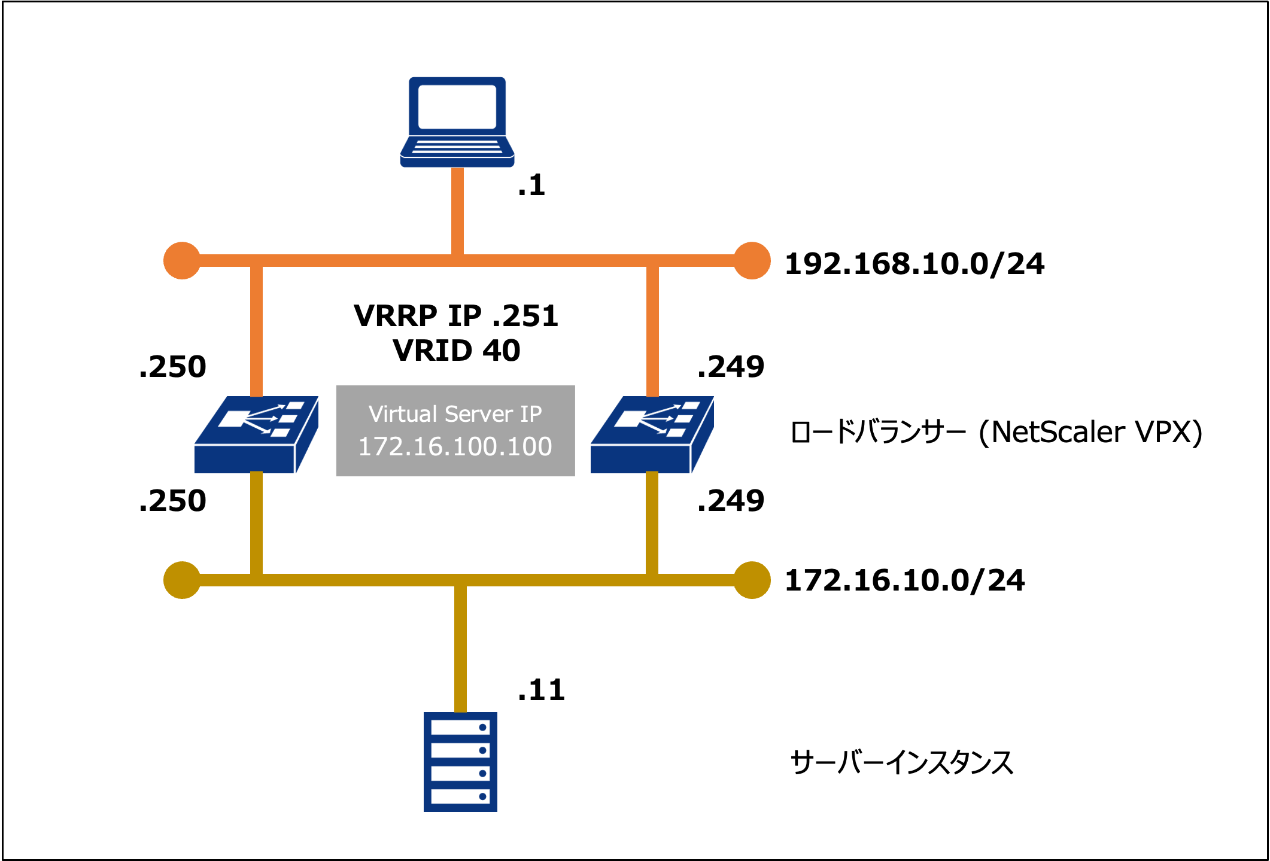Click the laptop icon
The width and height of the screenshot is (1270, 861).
pyautogui.click(x=457, y=122)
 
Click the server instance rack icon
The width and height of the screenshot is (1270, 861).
pyautogui.click(x=460, y=762)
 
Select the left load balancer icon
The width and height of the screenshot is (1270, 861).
pyautogui.click(x=256, y=435)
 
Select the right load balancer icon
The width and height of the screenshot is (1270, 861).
pyautogui.click(x=652, y=435)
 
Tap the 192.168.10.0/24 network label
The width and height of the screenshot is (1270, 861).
pyautogui.click(x=914, y=264)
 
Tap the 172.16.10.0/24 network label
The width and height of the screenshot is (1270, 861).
pyautogui.click(x=904, y=580)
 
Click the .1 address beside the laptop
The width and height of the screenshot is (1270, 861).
pyautogui.click(x=531, y=185)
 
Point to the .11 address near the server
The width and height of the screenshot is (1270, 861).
pyautogui.click(x=541, y=690)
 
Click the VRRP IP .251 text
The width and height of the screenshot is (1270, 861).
pyautogui.click(x=456, y=315)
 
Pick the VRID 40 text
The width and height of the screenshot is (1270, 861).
pyautogui.click(x=456, y=350)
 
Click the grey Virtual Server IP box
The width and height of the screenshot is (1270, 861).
pyautogui.click(x=455, y=430)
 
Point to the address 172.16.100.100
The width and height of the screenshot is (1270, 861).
pyautogui.click(x=455, y=446)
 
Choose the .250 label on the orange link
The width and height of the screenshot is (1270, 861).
pyautogui.click(x=172, y=366)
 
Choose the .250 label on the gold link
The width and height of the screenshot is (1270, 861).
pyautogui.click(x=172, y=500)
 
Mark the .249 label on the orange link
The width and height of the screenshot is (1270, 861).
pyautogui.click(x=731, y=366)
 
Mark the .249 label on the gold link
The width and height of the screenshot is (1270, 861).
pyautogui.click(x=731, y=500)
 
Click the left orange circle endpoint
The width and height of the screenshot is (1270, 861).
pyautogui.click(x=182, y=261)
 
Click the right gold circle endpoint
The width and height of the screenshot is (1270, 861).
pyautogui.click(x=752, y=580)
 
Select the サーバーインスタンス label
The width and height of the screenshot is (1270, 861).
pyautogui.click(x=902, y=763)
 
